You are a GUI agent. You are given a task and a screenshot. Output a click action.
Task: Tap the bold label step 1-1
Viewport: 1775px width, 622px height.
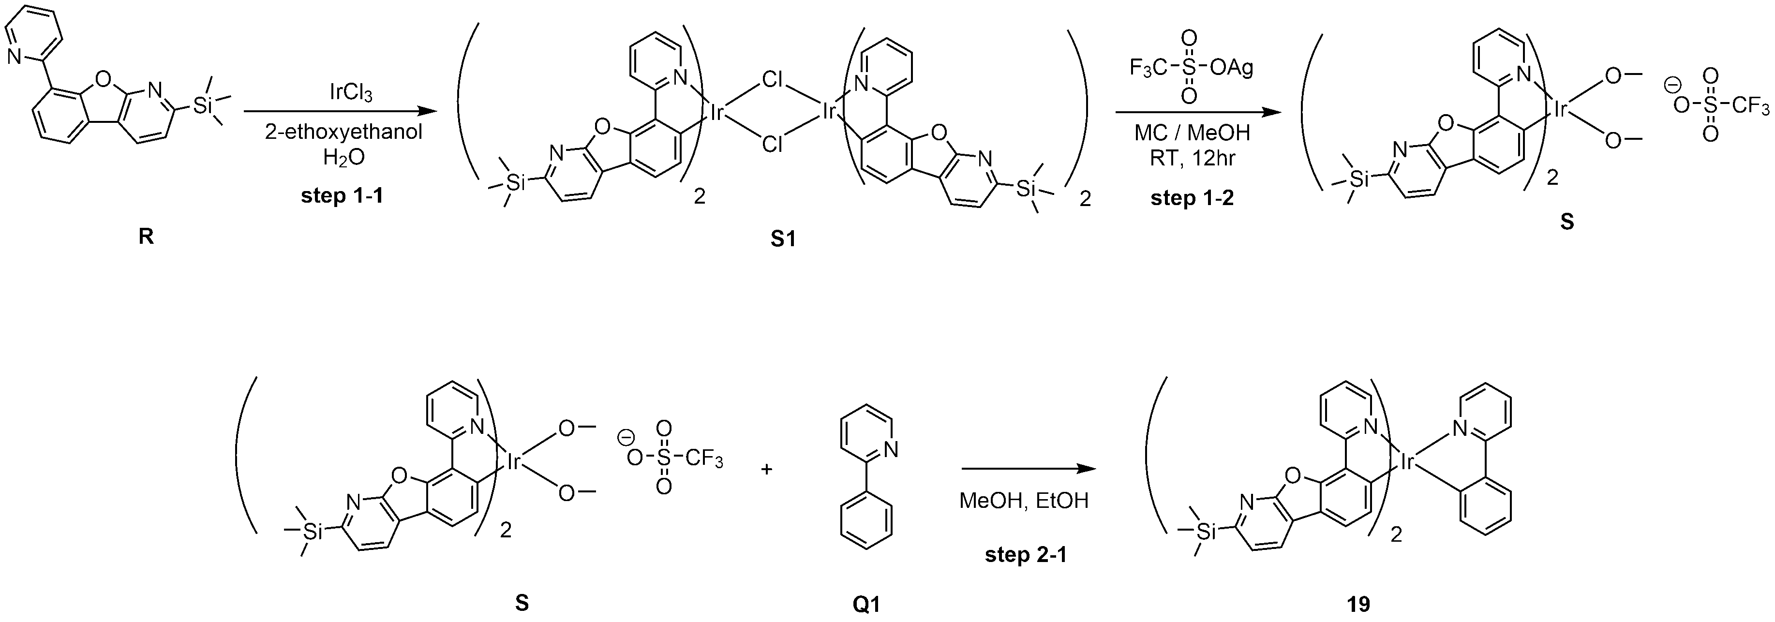pos(342,196)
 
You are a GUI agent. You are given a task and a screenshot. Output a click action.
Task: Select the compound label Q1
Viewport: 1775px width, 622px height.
pos(866,605)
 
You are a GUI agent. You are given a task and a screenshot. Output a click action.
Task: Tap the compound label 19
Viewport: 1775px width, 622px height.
pos(1358,605)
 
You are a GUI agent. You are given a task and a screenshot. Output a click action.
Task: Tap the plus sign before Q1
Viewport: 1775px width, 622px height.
pos(766,470)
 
